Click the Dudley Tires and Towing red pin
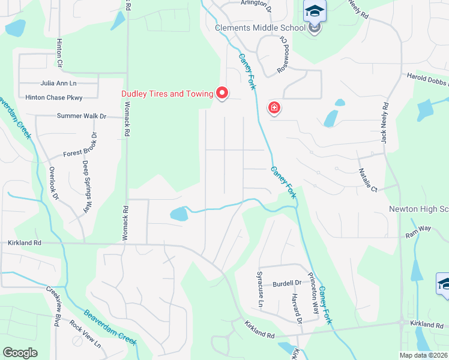pyautogui.click(x=222, y=93)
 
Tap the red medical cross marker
pyautogui.click(x=274, y=108)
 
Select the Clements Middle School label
pyautogui.click(x=261, y=28)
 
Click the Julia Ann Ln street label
pyautogui.click(x=59, y=83)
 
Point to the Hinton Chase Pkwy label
pyautogui.click(x=53, y=97)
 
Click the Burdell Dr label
pyautogui.click(x=286, y=283)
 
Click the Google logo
pyautogui.click(x=20, y=353)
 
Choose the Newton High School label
pyautogui.click(x=419, y=209)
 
